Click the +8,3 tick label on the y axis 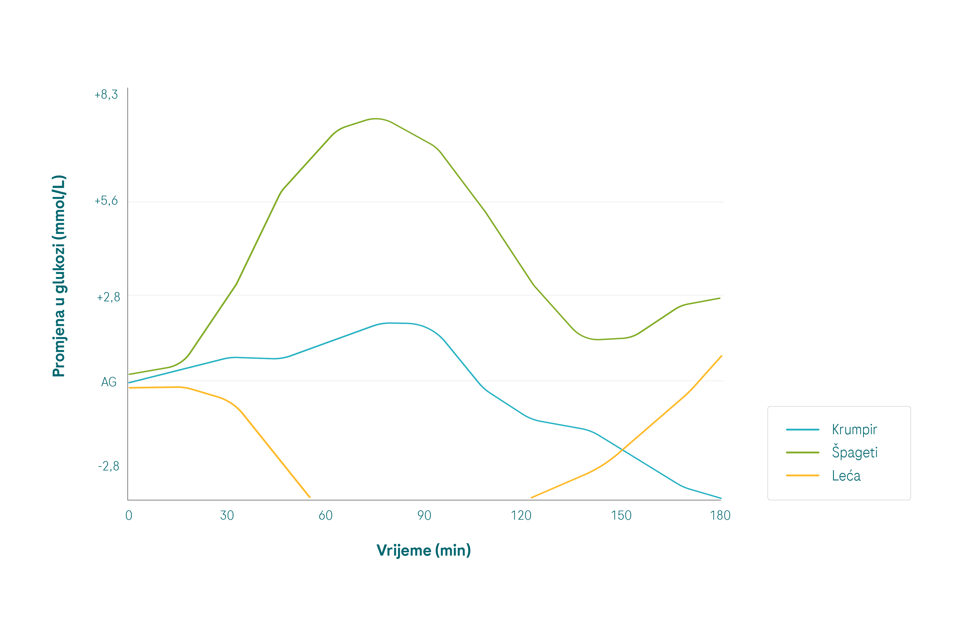(106, 95)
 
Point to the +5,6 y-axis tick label (106, 201)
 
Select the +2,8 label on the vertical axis (108, 297)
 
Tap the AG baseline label (109, 382)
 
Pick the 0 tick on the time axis (129, 516)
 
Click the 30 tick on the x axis (227, 516)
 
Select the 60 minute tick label (326, 516)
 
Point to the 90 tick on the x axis (424, 516)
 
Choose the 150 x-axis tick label (621, 516)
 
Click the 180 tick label (720, 516)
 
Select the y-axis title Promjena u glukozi (59, 276)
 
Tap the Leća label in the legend (846, 476)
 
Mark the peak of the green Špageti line (376, 119)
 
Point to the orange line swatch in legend (802, 476)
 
